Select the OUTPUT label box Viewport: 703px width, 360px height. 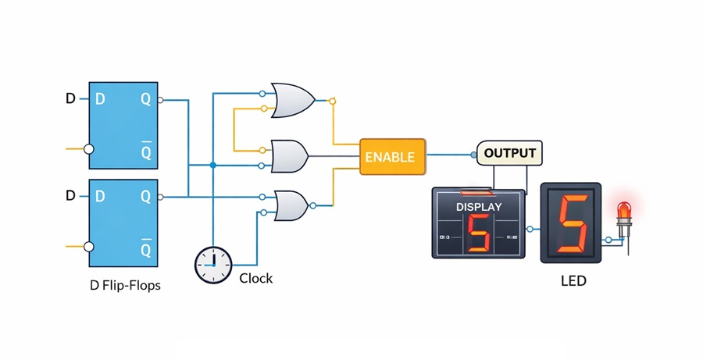tap(510, 153)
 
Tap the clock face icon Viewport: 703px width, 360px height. tap(213, 266)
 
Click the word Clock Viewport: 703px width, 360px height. tap(255, 279)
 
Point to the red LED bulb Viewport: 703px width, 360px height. tap(624, 212)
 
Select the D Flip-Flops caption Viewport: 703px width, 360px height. tap(125, 285)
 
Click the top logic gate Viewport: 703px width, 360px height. tap(291, 100)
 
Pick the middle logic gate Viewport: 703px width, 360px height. tap(288, 156)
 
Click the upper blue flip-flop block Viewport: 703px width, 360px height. tap(123, 125)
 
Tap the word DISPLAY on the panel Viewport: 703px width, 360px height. tap(479, 207)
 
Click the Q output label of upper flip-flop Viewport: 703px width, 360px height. tap(145, 100)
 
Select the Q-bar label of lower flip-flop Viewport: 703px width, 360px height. tap(145, 249)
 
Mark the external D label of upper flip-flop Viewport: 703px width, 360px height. tap(70, 99)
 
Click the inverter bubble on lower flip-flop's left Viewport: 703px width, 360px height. tap(89, 247)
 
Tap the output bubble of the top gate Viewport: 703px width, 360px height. tap(332, 101)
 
